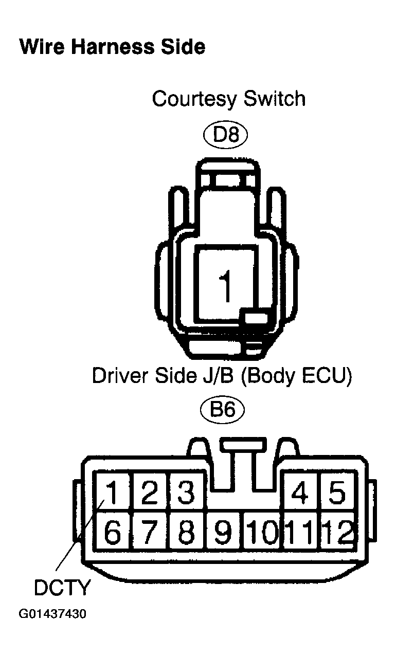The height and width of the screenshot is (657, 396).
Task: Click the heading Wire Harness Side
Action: (112, 47)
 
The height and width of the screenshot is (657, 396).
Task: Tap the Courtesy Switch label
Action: (229, 99)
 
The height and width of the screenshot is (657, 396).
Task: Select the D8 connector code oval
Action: (226, 135)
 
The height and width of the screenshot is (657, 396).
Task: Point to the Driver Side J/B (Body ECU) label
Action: (222, 376)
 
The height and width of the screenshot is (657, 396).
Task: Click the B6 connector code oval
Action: (222, 409)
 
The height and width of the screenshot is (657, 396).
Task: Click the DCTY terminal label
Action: (61, 588)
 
